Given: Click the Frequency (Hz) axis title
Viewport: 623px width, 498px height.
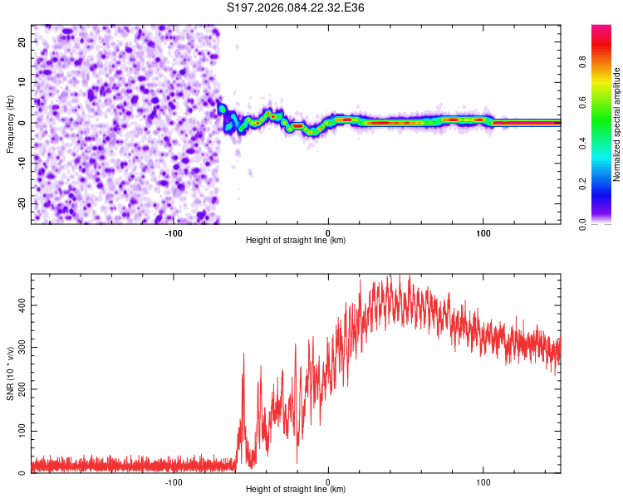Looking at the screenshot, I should point(10,124).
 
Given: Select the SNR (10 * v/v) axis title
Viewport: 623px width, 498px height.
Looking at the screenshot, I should point(10,373).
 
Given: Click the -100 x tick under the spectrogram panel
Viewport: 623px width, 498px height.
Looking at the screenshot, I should point(174,232).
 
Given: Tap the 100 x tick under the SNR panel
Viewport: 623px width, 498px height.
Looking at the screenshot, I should point(483,481).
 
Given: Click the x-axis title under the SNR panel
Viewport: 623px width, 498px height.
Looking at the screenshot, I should point(296,490).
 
